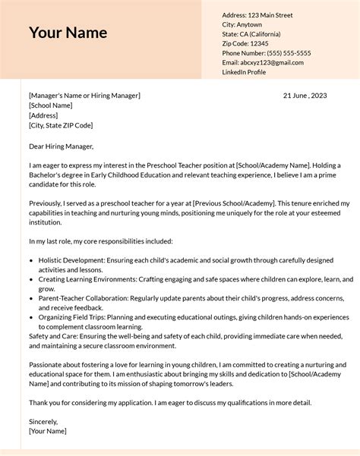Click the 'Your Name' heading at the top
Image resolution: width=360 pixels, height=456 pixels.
coord(68,33)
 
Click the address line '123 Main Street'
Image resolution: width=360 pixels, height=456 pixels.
coord(269,15)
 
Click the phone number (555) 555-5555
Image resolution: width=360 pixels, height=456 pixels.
coord(286,53)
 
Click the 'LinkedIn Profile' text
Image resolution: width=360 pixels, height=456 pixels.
coord(244,72)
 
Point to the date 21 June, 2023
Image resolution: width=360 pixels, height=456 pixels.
coord(305,96)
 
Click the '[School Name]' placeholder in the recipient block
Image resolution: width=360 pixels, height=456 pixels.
coord(50,105)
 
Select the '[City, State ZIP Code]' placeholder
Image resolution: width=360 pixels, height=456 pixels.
coord(61,125)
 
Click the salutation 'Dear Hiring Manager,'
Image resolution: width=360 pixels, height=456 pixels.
coord(61,146)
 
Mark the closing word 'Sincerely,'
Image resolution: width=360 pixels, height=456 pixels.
coord(43,421)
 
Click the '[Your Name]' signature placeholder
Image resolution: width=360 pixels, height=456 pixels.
coord(47,431)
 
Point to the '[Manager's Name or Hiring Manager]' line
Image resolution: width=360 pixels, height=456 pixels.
coord(84,96)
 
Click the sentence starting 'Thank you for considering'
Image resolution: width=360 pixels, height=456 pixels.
coord(169,402)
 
